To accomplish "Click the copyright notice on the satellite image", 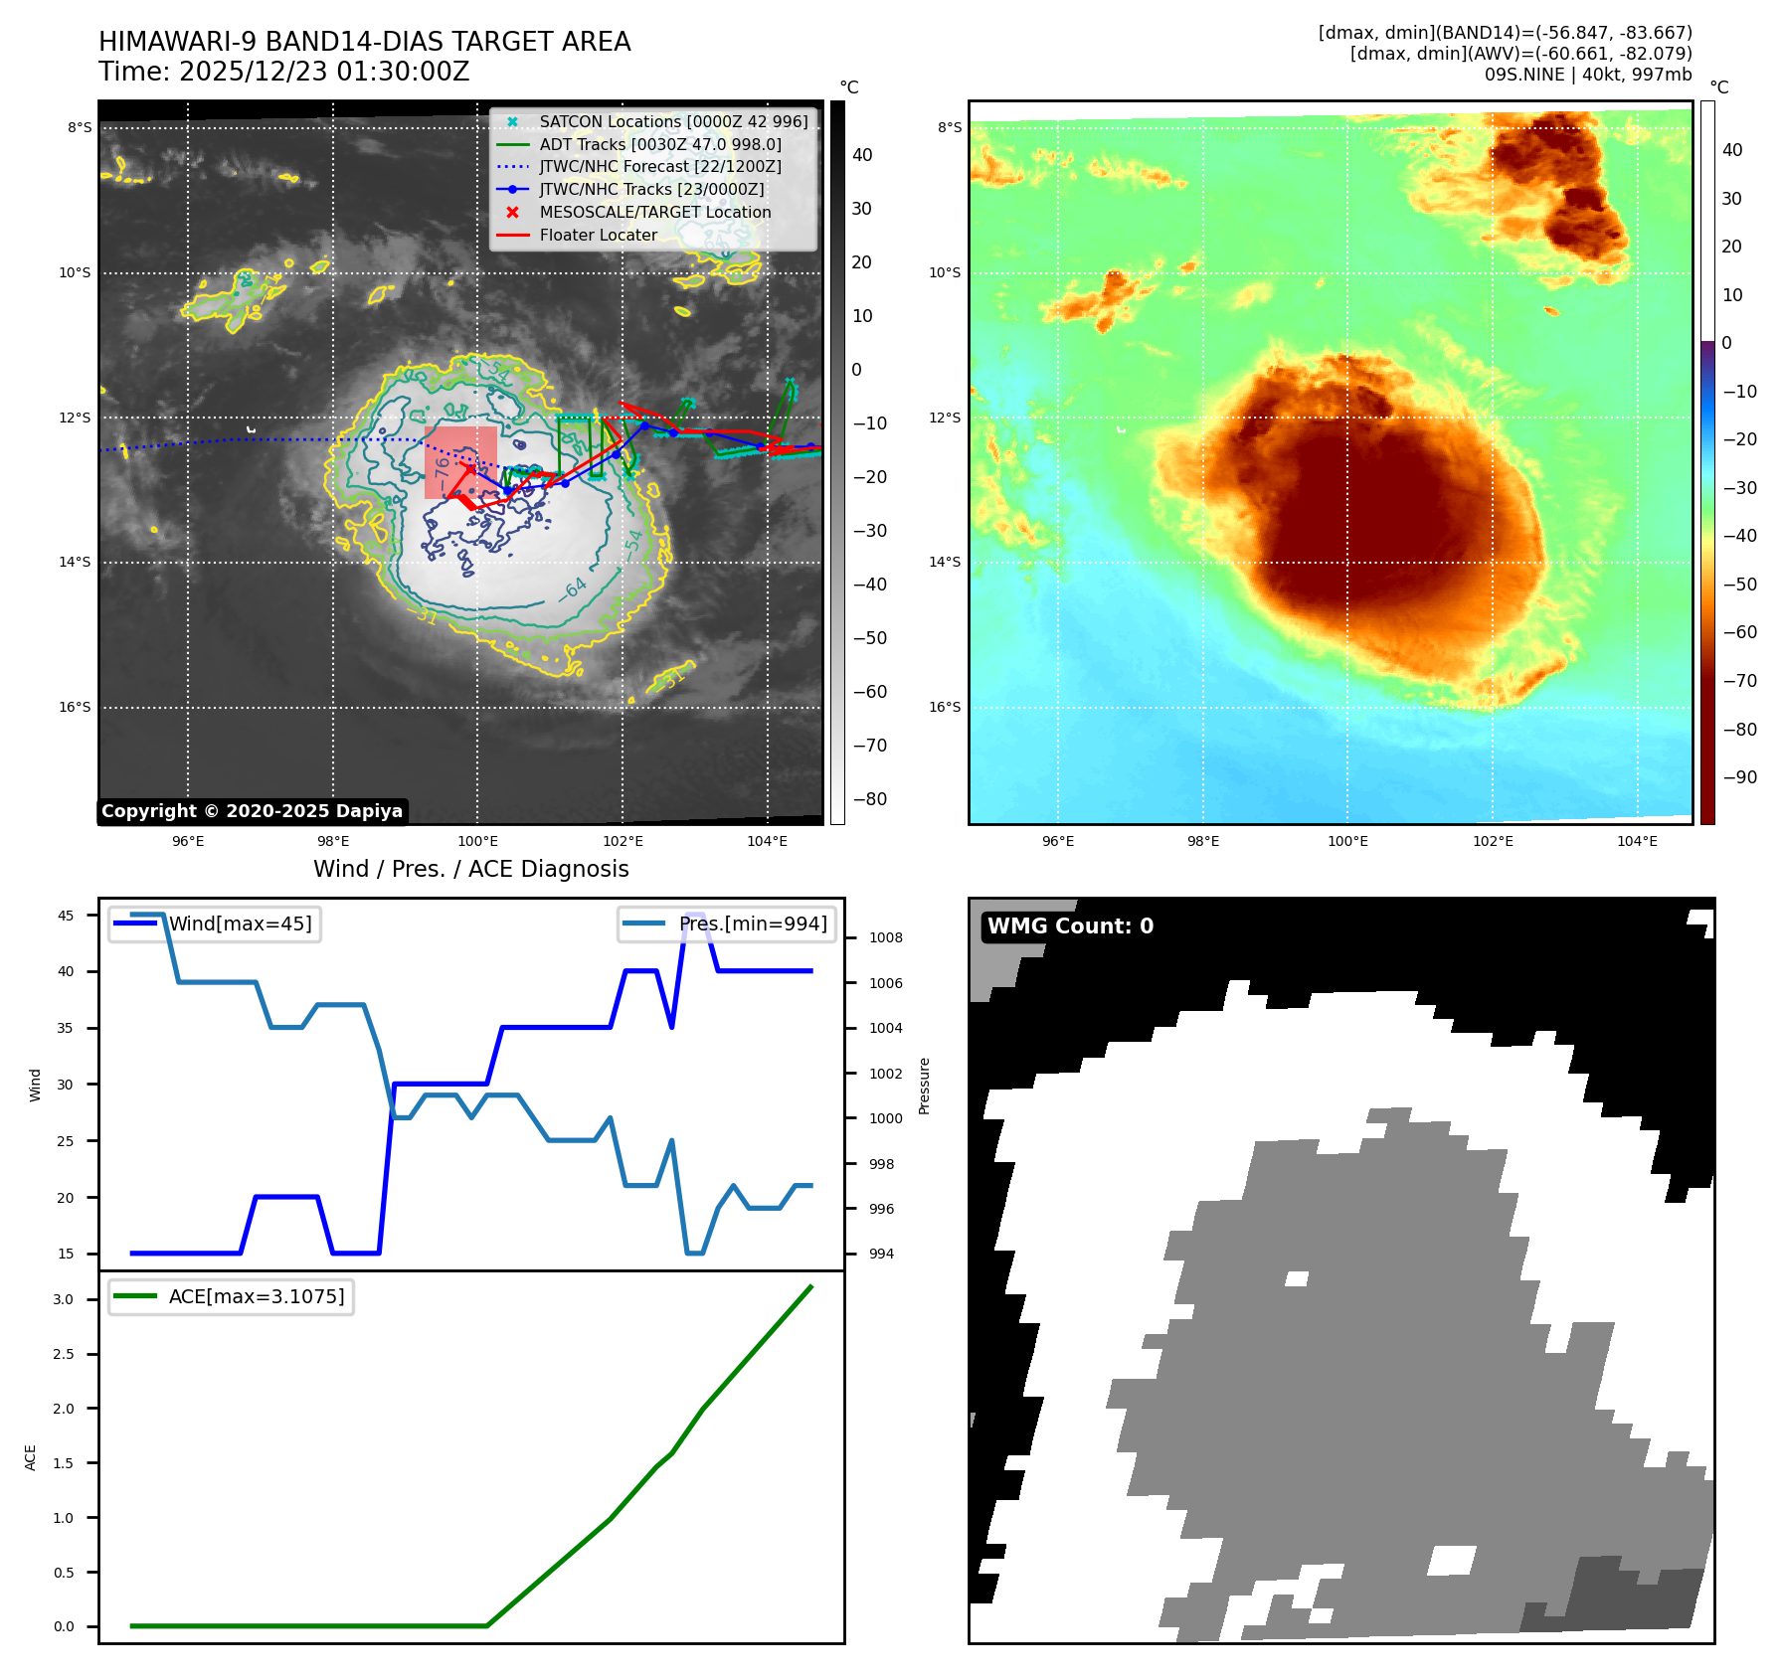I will coord(252,811).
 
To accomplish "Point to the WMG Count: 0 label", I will coord(1070,926).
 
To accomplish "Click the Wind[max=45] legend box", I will coord(215,924).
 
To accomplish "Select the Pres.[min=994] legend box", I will coord(727,924).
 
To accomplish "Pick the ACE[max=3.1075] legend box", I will coord(231,1297).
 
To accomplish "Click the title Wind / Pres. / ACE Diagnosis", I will coord(470,870).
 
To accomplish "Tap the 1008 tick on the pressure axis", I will coord(885,938).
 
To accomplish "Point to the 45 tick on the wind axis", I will coord(66,917).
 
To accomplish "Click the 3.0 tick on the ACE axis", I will coord(64,1300).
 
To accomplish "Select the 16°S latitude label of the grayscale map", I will coord(75,708).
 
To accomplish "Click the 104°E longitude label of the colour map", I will coord(1637,842).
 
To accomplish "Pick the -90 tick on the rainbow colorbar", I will coord(1739,777).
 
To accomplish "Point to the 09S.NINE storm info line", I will coord(1587,75).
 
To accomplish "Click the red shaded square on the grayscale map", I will coord(460,462).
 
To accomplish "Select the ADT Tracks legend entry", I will coord(659,145).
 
